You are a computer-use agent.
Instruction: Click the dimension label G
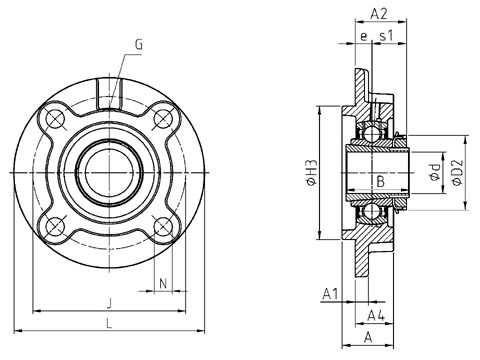[x=139, y=44]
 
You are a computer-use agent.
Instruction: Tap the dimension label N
[x=163, y=284]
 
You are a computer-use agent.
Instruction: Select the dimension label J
[x=109, y=303]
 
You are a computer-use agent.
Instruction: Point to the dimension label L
[x=109, y=323]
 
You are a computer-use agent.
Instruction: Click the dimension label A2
[x=379, y=14]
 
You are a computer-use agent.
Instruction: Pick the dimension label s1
[x=387, y=35]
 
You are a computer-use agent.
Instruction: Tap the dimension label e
[x=363, y=36]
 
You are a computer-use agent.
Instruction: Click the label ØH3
[x=311, y=172]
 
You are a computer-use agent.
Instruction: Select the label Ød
[x=435, y=172]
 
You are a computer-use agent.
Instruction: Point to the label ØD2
[x=457, y=172]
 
